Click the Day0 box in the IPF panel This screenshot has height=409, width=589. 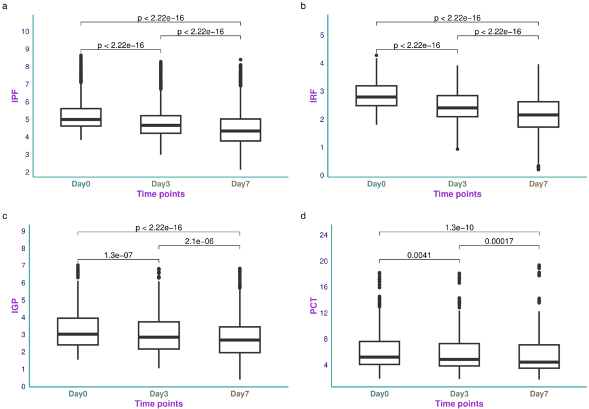point(81,118)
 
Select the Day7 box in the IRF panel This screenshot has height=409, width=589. point(538,114)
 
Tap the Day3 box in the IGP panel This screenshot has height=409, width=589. point(159,335)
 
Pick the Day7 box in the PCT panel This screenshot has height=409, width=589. point(538,356)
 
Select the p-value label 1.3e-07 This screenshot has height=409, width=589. point(118,255)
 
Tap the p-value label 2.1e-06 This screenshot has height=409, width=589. point(200,241)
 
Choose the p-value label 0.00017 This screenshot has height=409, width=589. point(498,241)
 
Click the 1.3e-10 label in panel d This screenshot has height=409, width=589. point(458,227)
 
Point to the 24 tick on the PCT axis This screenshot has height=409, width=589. point(323,235)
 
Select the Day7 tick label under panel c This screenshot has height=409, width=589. point(240,395)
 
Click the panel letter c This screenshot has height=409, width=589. point(5,217)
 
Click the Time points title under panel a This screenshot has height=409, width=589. point(160,194)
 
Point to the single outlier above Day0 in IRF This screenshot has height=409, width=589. point(376,56)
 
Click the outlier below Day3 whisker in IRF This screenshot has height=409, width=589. point(458,149)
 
